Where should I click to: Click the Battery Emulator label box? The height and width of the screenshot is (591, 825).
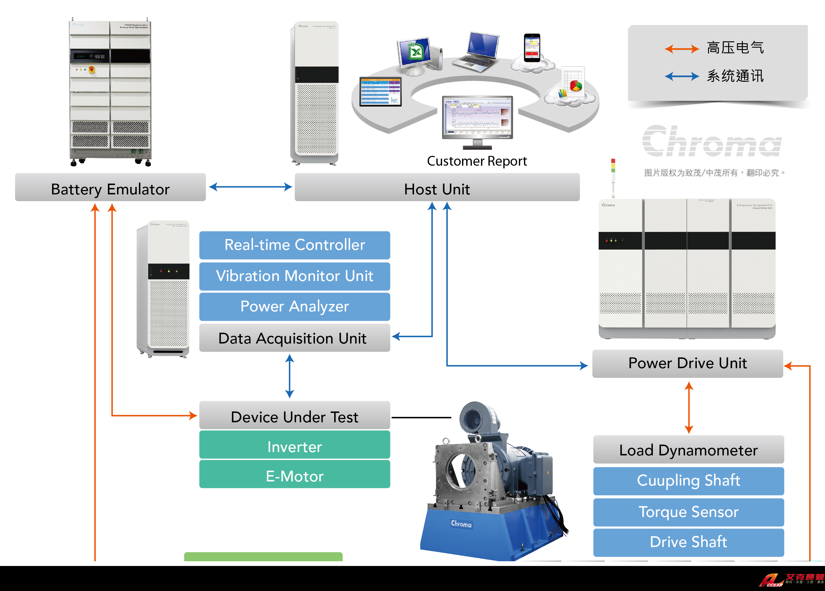(110, 188)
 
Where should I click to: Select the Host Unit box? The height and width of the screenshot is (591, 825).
(437, 188)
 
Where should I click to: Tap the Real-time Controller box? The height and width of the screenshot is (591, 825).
(294, 245)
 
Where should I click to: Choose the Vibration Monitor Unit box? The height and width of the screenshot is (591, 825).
(294, 276)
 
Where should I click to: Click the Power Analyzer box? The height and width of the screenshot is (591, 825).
(294, 307)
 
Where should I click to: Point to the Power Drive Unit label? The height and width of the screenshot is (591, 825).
(687, 364)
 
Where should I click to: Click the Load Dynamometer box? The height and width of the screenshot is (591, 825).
(688, 450)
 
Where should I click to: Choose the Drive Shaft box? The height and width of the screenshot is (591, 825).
(688, 542)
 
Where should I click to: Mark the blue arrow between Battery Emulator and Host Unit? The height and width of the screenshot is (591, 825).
(251, 187)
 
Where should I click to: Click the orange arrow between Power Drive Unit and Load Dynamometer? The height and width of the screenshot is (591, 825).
(689, 407)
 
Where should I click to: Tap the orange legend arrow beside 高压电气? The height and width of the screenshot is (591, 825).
(681, 48)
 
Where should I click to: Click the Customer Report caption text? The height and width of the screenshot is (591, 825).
(477, 161)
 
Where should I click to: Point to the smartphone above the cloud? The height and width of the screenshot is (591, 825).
(532, 48)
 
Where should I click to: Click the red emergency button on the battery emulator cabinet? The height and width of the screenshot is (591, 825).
(92, 69)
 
